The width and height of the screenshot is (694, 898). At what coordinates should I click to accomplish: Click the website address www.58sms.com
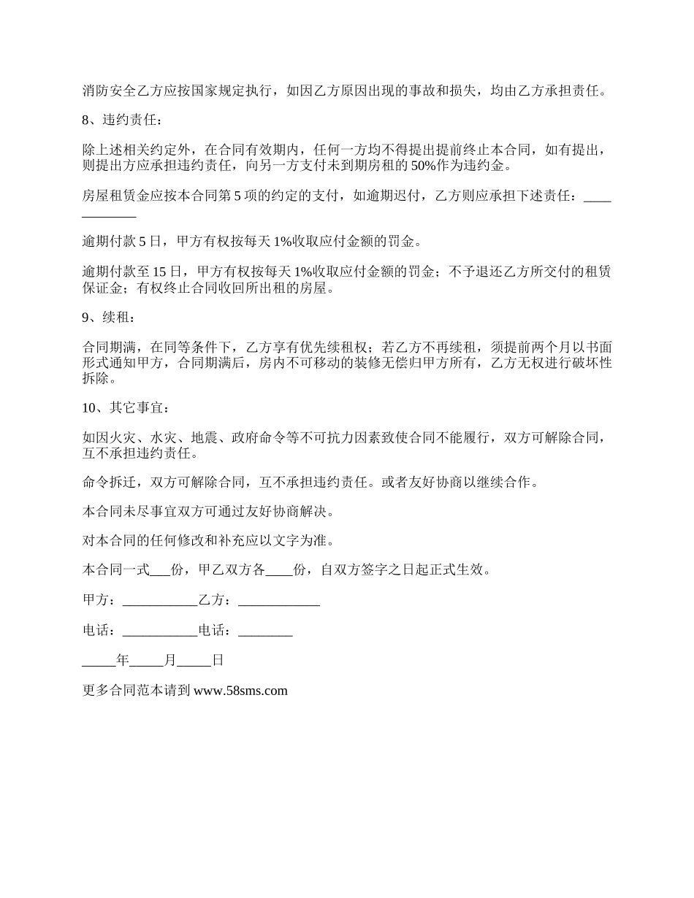pos(240,690)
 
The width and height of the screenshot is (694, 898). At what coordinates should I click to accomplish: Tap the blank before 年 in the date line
pos(99,661)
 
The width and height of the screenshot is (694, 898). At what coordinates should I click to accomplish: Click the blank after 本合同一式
pos(159,570)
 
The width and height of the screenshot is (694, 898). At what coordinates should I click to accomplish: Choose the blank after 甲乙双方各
pos(279,570)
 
